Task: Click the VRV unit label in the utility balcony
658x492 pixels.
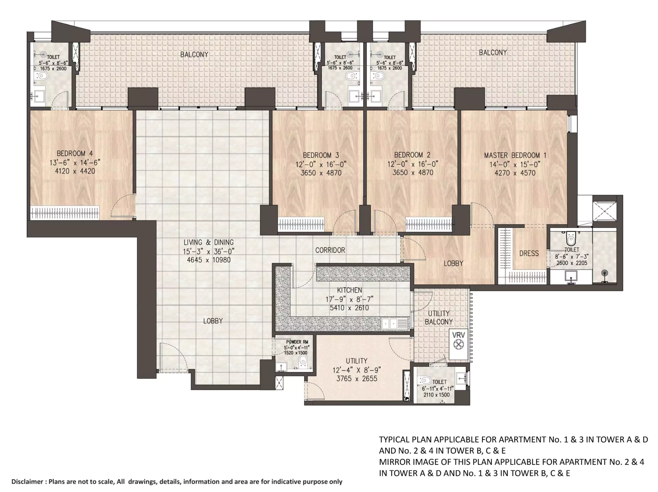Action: point(458,335)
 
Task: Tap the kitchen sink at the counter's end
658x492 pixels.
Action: point(395,323)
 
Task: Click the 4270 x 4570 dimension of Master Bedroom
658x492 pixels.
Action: point(515,173)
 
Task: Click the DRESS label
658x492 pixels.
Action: point(529,253)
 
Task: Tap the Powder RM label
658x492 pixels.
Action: point(297,342)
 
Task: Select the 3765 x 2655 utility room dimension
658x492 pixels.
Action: point(357,379)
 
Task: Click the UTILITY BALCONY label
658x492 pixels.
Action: point(438,317)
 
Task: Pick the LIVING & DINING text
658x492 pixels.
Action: point(208,242)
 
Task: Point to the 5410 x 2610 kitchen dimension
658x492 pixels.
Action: point(349,308)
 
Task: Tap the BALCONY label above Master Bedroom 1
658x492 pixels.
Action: point(493,53)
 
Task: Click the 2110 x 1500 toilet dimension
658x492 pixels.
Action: point(436,395)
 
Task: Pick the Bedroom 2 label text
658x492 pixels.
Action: point(412,155)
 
